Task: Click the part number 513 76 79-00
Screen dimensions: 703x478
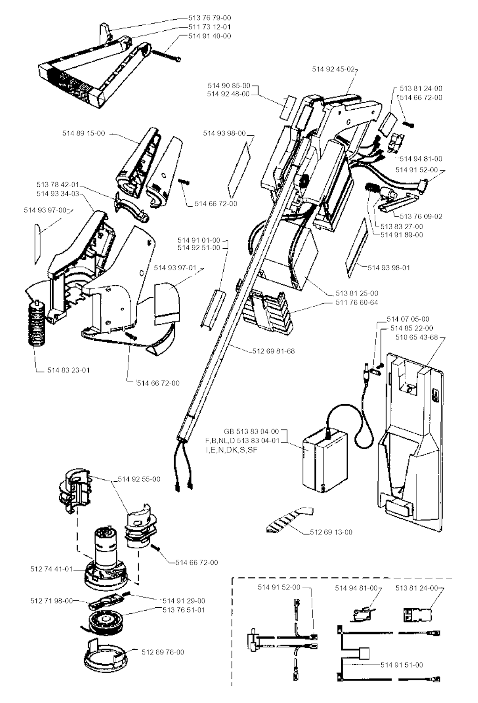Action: point(209,18)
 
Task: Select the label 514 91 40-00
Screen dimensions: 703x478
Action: point(209,36)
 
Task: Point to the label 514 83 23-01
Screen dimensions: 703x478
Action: point(69,370)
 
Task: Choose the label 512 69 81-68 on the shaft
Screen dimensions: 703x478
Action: point(274,351)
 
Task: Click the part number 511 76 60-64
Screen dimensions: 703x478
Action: point(357,302)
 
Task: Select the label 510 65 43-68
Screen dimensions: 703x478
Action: point(416,337)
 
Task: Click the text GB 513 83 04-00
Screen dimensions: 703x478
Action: point(251,431)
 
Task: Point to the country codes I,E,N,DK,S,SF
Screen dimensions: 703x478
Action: point(232,450)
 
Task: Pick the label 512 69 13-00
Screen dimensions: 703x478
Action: point(331,532)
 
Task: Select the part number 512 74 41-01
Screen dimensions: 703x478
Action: point(51,569)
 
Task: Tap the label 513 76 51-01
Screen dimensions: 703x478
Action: point(184,610)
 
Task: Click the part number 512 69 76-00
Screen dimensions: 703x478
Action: point(163,652)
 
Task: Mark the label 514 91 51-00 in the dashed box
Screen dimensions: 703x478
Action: point(402,665)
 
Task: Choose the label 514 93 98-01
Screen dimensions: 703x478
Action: point(389,267)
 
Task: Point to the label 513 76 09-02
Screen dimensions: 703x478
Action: point(421,217)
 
